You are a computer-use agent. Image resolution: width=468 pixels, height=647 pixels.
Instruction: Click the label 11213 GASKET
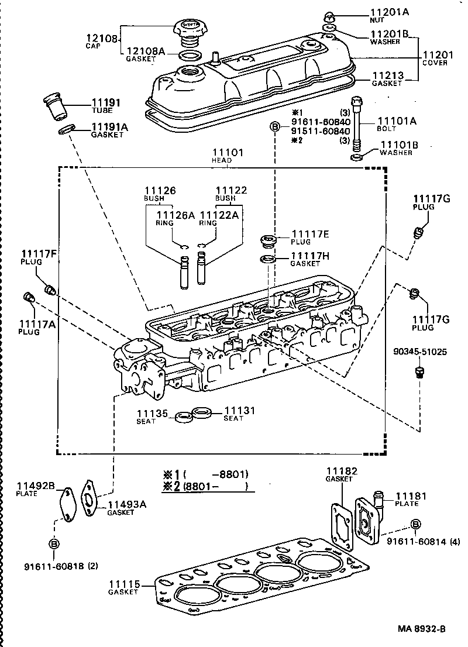click(387, 78)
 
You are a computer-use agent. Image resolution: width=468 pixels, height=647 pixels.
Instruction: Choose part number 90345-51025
click(419, 352)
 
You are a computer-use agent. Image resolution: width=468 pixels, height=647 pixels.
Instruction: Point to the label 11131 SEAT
click(240, 414)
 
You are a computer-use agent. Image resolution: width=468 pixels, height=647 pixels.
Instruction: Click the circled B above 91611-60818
click(54, 544)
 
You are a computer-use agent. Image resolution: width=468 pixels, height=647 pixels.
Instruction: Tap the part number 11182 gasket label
click(341, 473)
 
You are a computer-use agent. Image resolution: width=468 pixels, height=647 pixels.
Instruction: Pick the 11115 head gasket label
click(123, 587)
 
